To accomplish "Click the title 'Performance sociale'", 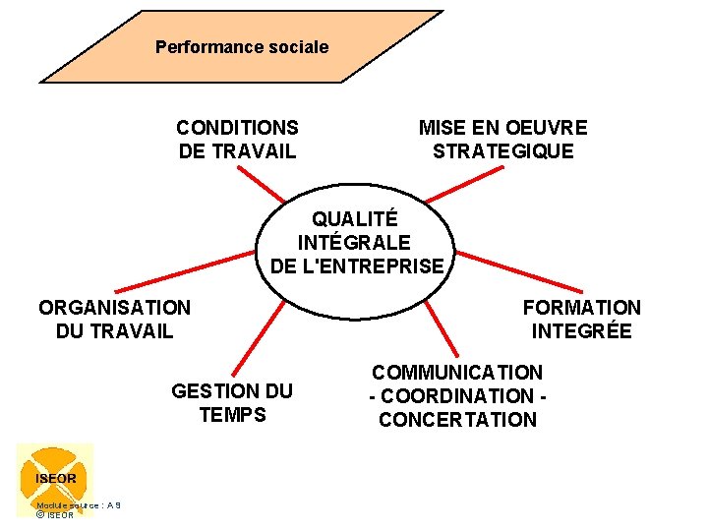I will (242, 46).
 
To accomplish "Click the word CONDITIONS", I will (237, 127).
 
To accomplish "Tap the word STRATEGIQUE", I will (502, 151).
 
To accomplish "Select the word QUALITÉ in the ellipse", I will (355, 218).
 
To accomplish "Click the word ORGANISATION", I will (114, 307).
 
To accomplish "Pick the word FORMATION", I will (581, 308).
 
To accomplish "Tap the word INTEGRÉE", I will (581, 331).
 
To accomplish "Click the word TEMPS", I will (232, 414).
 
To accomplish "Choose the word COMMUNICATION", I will (456, 372).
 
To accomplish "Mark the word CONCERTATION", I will (457, 420).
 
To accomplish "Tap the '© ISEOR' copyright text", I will (55, 515).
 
